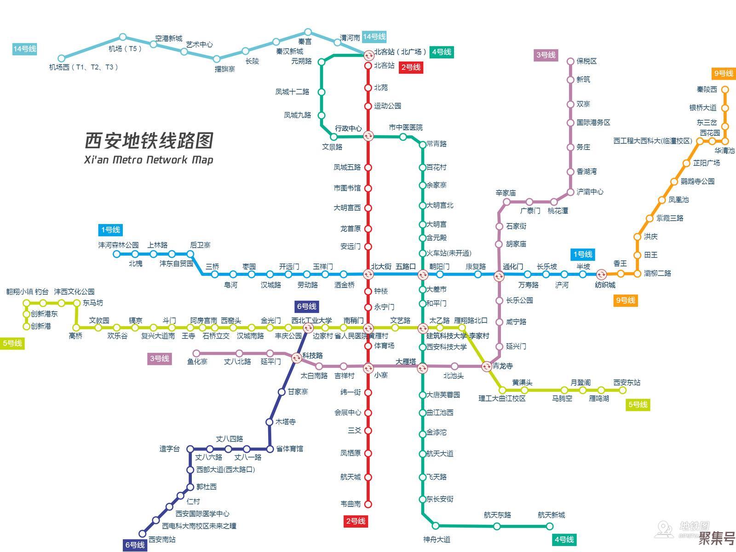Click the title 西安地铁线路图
click(x=149, y=140)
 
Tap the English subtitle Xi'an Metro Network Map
click(x=149, y=160)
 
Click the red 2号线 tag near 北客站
click(x=411, y=67)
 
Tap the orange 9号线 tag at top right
click(x=724, y=74)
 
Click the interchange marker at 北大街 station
click(x=368, y=275)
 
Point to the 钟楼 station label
click(x=381, y=291)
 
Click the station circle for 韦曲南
click(x=368, y=504)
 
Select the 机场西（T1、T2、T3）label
click(x=84, y=67)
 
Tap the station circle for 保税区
click(x=570, y=61)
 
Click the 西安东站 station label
click(x=627, y=382)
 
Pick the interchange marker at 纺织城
click(x=601, y=275)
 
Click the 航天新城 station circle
click(x=550, y=526)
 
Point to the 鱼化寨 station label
click(x=197, y=362)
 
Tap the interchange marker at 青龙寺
click(x=487, y=367)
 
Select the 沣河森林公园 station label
click(x=118, y=245)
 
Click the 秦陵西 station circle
click(x=725, y=90)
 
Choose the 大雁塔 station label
click(x=406, y=362)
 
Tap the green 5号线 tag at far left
click(x=12, y=343)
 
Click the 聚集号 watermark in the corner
click(x=716, y=538)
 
